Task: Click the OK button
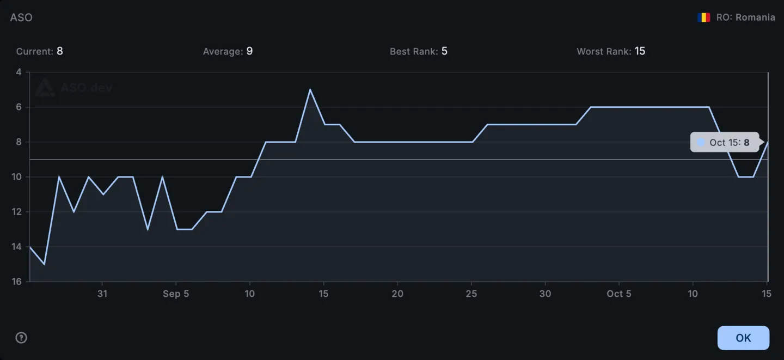pyautogui.click(x=743, y=338)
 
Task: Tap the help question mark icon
pyautogui.click(x=21, y=338)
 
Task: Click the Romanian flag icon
pyautogui.click(x=703, y=17)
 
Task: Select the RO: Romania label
pyautogui.click(x=745, y=17)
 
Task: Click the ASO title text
pyautogui.click(x=21, y=17)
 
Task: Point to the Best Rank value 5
pyautogui.click(x=444, y=51)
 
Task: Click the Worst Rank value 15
pyautogui.click(x=640, y=51)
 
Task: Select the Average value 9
pyautogui.click(x=249, y=51)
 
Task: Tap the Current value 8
pyautogui.click(x=60, y=51)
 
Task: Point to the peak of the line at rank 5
pyautogui.click(x=310, y=89)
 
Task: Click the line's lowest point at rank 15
pyautogui.click(x=44, y=264)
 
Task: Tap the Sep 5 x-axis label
pyautogui.click(x=176, y=294)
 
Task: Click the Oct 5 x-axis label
pyautogui.click(x=619, y=294)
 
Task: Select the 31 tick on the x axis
pyautogui.click(x=102, y=294)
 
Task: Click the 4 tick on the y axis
pyautogui.click(x=19, y=72)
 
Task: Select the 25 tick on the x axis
pyautogui.click(x=471, y=294)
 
